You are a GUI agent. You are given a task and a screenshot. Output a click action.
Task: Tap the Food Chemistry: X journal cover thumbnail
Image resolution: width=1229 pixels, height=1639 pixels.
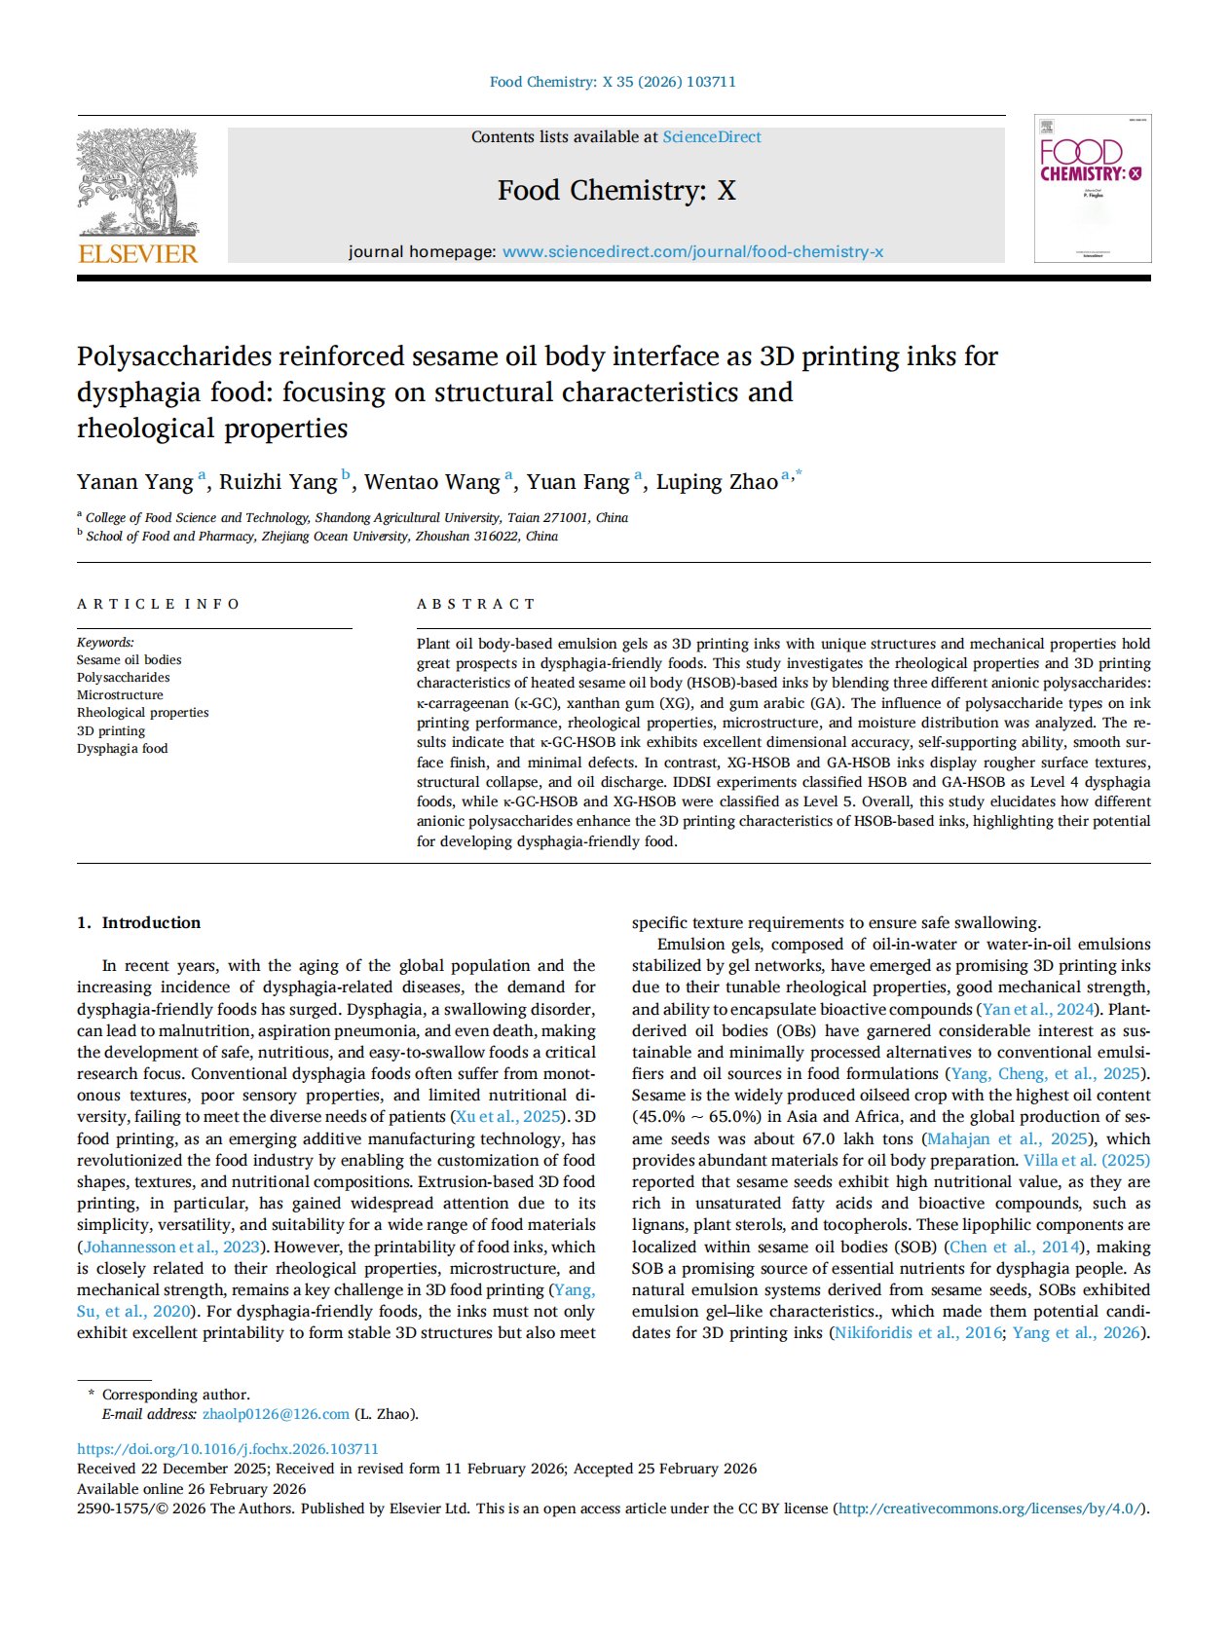tap(1093, 189)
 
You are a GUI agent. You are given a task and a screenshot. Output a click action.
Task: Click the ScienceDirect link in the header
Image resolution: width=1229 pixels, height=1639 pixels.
tap(712, 137)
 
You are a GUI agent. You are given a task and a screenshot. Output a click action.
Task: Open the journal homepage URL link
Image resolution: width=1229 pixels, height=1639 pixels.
tap(692, 252)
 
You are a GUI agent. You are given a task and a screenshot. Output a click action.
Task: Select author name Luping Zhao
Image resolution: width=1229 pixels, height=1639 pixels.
tap(717, 482)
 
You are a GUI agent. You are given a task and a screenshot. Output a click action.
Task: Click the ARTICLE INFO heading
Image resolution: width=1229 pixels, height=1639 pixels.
tap(158, 604)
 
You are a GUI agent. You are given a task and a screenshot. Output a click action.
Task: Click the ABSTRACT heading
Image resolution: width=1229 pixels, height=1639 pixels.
tap(476, 604)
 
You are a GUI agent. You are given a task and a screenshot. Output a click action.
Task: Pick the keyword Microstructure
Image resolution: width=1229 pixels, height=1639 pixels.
tap(120, 695)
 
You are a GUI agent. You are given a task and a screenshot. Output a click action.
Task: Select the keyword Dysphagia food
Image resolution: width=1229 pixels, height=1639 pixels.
tap(123, 749)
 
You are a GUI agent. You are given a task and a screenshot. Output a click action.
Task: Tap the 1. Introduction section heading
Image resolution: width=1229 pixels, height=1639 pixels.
tap(138, 922)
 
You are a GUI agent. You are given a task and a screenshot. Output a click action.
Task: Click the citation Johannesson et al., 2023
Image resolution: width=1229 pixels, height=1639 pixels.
tap(171, 1247)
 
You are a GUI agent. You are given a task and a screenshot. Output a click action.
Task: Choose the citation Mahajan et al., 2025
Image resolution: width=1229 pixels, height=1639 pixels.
tap(1007, 1138)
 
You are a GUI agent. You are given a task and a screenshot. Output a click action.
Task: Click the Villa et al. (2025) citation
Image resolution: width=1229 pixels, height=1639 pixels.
tap(1086, 1160)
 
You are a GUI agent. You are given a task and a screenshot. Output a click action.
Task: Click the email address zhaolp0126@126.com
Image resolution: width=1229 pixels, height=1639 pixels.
tap(276, 1414)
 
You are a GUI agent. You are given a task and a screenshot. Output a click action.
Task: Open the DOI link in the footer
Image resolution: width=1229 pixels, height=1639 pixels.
tap(228, 1449)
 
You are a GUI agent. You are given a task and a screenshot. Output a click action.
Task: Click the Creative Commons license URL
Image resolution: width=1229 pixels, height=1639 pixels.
tap(990, 1509)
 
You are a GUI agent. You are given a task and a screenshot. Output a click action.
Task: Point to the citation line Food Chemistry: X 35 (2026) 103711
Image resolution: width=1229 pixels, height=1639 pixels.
tap(613, 82)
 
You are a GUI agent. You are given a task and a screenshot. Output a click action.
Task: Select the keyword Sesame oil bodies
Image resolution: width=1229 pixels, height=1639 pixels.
tap(129, 660)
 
